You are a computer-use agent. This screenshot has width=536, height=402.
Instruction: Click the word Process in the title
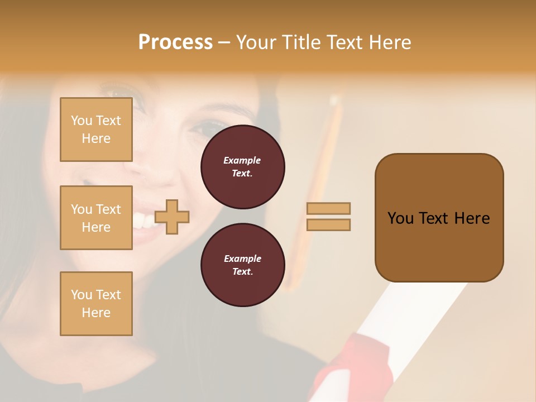point(175,42)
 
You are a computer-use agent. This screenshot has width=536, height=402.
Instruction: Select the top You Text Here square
point(96,130)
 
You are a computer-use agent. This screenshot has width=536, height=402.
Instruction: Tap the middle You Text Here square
point(96,218)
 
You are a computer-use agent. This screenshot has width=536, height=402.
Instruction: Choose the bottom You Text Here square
point(96,304)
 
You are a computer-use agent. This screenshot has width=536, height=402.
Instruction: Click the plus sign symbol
point(172,217)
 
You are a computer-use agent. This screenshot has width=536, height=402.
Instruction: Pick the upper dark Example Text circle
point(242,167)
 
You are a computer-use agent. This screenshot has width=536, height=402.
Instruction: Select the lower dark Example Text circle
point(242,265)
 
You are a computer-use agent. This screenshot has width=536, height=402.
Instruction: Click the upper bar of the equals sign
point(328,208)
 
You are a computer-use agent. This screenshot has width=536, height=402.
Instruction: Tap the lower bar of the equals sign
point(328,224)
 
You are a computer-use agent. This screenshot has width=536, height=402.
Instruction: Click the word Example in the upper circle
point(242,161)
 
